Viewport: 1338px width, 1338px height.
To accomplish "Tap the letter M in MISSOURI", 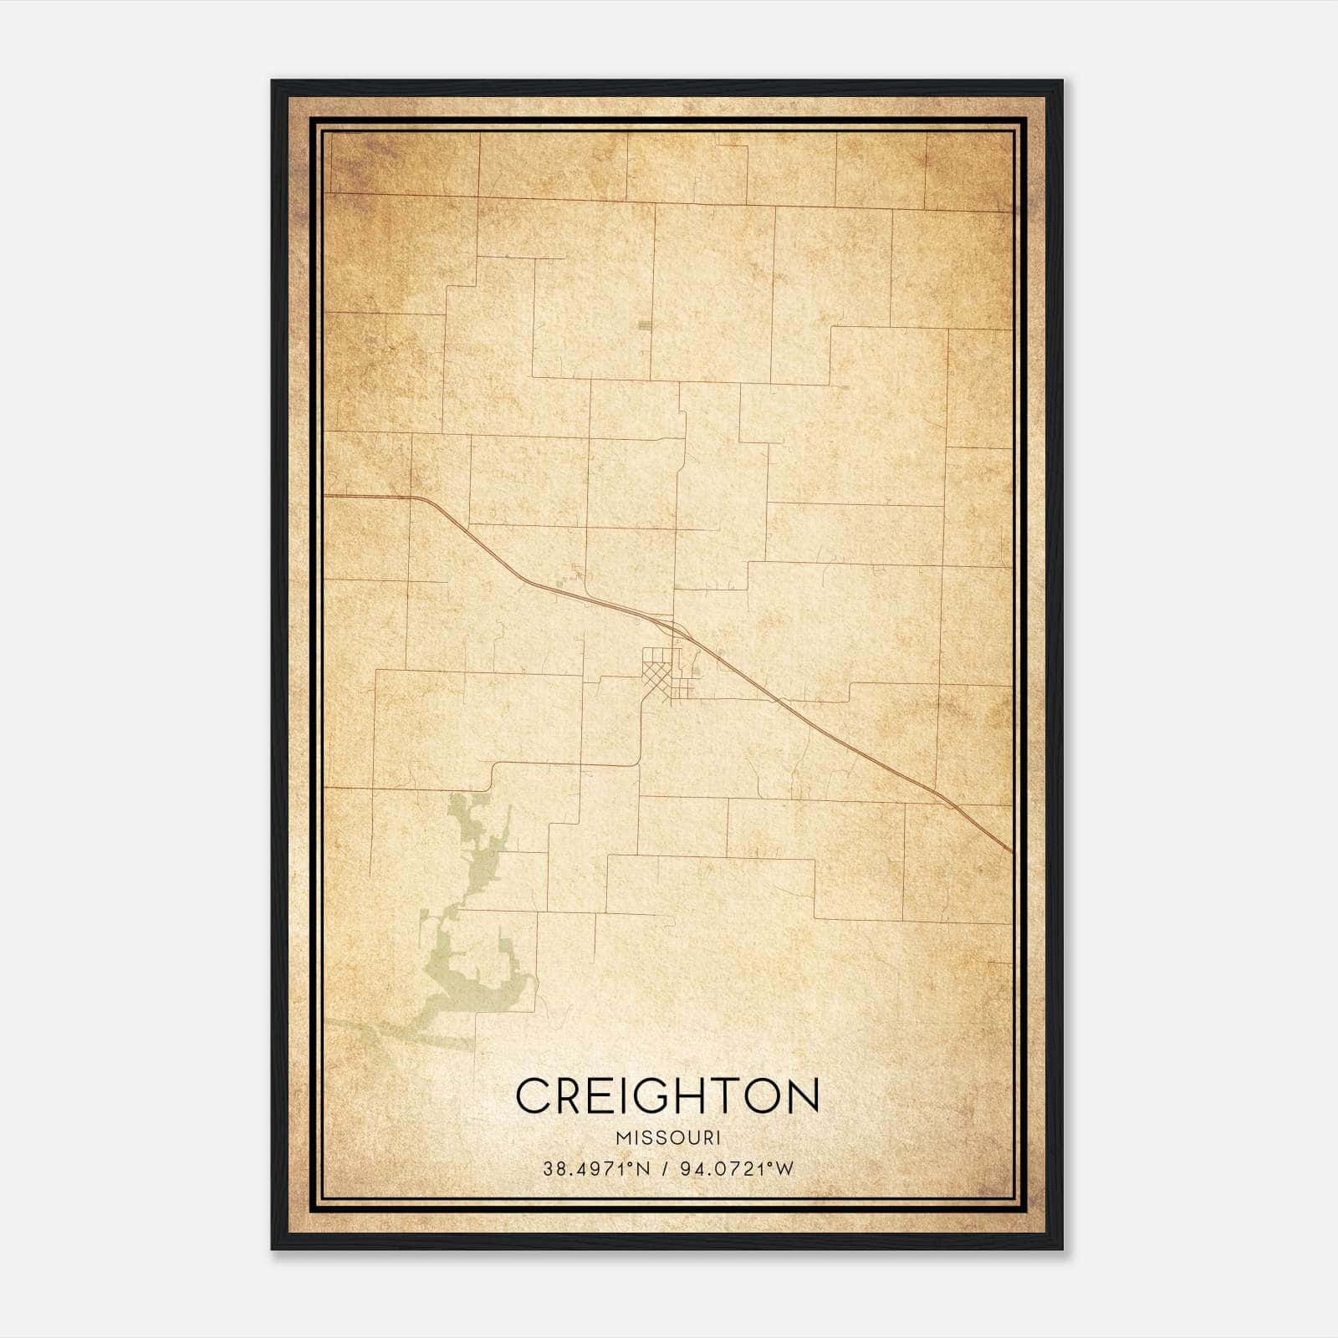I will (622, 1138).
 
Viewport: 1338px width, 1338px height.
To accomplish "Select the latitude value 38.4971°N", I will (596, 1169).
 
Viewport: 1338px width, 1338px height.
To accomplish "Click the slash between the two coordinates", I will (666, 1169).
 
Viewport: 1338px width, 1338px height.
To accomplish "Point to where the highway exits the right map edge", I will (1011, 851).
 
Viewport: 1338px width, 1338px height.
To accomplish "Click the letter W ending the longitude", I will (784, 1169).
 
